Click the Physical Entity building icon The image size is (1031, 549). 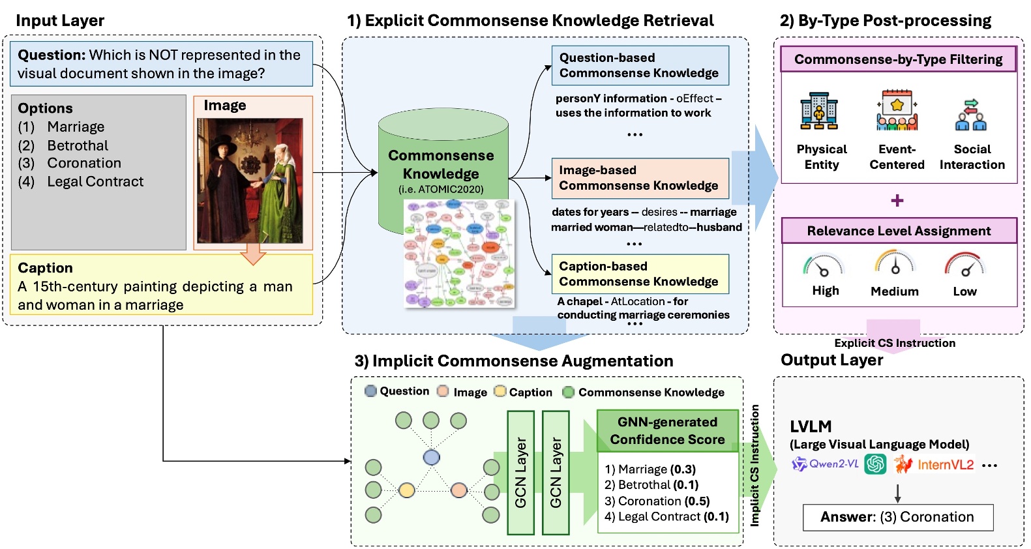coord(819,111)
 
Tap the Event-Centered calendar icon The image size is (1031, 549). coord(897,111)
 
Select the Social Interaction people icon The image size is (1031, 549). coord(971,114)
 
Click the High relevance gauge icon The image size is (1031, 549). coord(823,265)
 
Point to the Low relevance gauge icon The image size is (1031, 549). coord(964,265)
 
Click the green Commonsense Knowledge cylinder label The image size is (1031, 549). coord(441,165)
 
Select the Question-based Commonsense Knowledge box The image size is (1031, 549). coord(639,65)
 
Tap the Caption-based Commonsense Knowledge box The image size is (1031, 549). coord(639,274)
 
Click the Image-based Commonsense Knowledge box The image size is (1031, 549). coord(639,178)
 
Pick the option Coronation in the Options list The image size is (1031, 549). coord(84,163)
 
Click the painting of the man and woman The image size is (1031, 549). coord(250,181)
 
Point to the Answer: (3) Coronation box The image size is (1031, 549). coord(897,517)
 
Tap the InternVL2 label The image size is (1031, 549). coord(945,465)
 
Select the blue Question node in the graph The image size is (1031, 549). coord(431,457)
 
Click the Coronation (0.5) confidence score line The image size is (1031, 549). coord(657,501)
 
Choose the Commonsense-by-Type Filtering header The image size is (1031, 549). coord(898,59)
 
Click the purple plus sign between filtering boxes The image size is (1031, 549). coord(897,200)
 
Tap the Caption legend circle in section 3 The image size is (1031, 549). coord(500,391)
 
